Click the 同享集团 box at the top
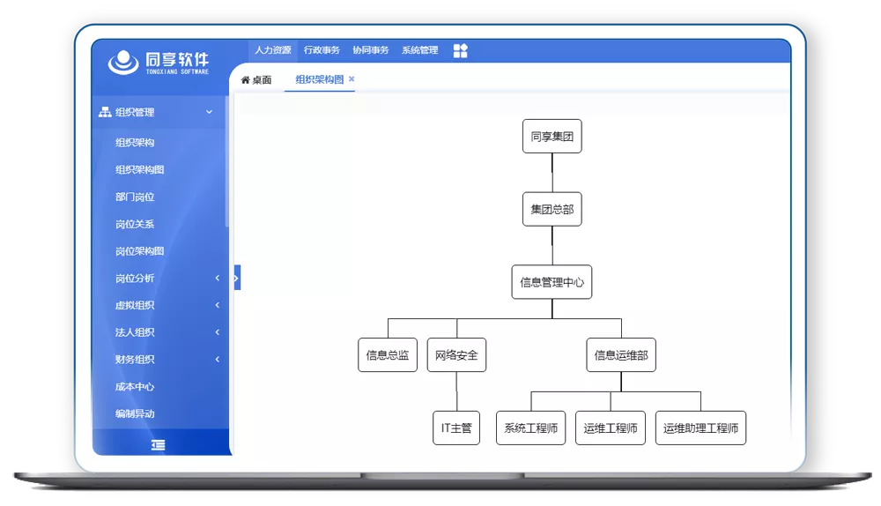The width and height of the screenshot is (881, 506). tap(552, 136)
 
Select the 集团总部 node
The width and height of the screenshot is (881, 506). tap(552, 209)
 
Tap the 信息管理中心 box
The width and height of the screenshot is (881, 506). tap(552, 282)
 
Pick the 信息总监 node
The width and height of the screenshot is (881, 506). tap(388, 354)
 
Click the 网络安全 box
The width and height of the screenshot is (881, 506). tap(456, 354)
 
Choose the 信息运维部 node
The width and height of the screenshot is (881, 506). tap(621, 354)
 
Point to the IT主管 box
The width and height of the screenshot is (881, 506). tap(456, 428)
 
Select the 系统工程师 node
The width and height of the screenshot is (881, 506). tap(531, 428)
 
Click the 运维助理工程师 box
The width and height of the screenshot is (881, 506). tap(700, 428)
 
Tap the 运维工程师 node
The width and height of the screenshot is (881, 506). tap(611, 428)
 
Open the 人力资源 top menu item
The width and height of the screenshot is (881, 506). tap(273, 50)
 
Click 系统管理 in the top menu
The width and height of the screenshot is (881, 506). tap(419, 50)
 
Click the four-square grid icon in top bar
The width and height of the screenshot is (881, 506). tap(460, 50)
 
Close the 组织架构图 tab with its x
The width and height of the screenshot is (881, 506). tap(352, 78)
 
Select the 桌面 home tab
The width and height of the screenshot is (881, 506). tap(256, 80)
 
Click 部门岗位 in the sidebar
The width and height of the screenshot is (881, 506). tap(135, 197)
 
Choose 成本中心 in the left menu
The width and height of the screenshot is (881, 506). tap(135, 387)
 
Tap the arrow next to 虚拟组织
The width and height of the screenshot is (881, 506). tap(218, 305)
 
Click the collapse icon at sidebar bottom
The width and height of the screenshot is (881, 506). tap(158, 445)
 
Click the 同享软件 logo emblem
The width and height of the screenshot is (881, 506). tap(123, 63)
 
